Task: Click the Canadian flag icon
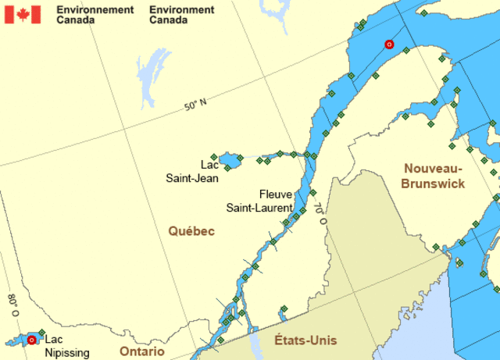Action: [x=22, y=14]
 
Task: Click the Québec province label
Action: [x=191, y=231]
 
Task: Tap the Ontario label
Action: [x=142, y=351]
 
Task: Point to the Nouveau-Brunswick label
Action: [x=434, y=176]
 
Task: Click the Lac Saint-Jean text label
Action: [x=192, y=171]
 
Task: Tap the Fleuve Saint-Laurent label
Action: [x=259, y=201]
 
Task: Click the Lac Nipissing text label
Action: [x=67, y=346]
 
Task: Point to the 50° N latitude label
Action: [x=196, y=105]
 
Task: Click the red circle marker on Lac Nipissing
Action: [x=32, y=340]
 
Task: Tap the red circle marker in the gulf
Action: [x=389, y=45]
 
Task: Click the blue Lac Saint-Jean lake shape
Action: [x=229, y=162]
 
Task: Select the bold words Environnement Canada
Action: [x=95, y=14]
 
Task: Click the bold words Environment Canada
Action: [x=181, y=14]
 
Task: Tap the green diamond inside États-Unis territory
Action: [x=283, y=308]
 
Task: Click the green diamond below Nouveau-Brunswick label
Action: [x=436, y=247]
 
